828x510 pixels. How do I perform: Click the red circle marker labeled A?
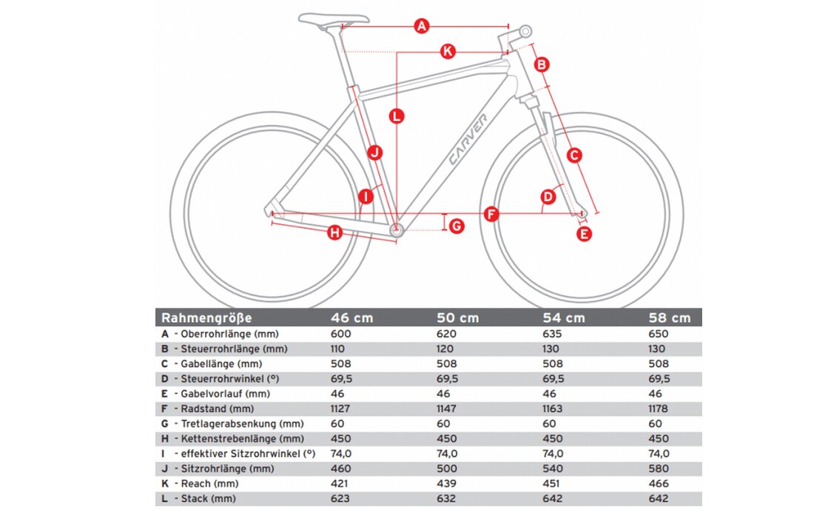point(422,27)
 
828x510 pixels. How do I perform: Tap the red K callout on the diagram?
point(447,52)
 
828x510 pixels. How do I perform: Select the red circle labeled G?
point(457,226)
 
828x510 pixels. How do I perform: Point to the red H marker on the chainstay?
point(334,233)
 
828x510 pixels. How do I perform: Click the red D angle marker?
point(548,197)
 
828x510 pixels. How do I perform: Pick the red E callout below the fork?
point(584,235)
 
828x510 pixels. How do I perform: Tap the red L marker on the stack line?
point(397,116)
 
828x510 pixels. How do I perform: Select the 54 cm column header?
point(565,318)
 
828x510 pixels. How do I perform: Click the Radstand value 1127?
point(342,409)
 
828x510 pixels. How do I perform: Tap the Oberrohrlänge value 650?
point(658,334)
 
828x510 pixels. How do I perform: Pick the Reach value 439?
point(447,483)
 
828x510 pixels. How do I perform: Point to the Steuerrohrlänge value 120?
point(447,349)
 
